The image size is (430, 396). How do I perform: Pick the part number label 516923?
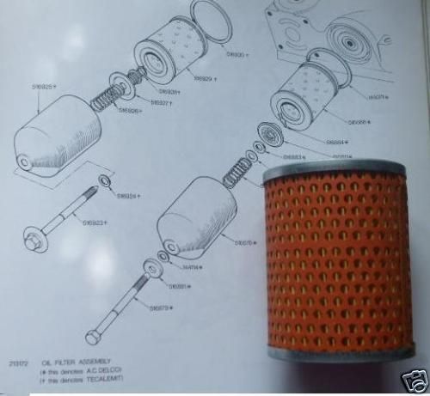(96, 223)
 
